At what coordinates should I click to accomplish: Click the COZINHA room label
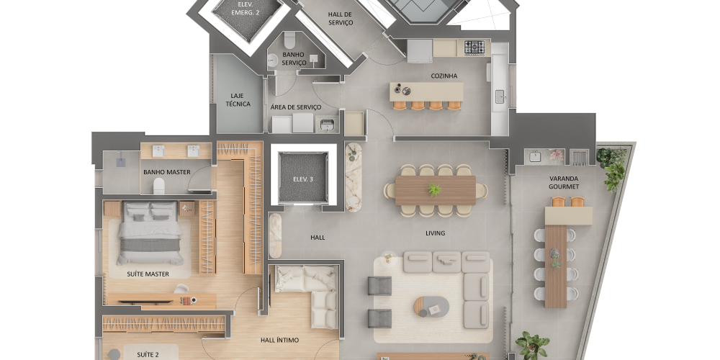[444, 76]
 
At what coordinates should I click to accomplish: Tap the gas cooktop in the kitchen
[474, 48]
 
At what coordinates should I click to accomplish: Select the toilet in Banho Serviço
[289, 40]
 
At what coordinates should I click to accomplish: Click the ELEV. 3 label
[303, 179]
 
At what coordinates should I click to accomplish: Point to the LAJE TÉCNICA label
[238, 99]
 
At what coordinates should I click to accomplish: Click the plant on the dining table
[434, 189]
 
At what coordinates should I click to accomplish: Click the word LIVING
[435, 233]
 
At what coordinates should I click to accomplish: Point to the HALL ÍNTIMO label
[279, 340]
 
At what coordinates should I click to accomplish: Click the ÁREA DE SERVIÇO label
[296, 107]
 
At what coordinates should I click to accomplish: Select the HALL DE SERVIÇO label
[341, 18]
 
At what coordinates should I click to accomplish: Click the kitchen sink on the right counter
[500, 94]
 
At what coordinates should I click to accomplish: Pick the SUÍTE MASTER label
[148, 274]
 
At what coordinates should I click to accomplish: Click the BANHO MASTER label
[167, 172]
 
